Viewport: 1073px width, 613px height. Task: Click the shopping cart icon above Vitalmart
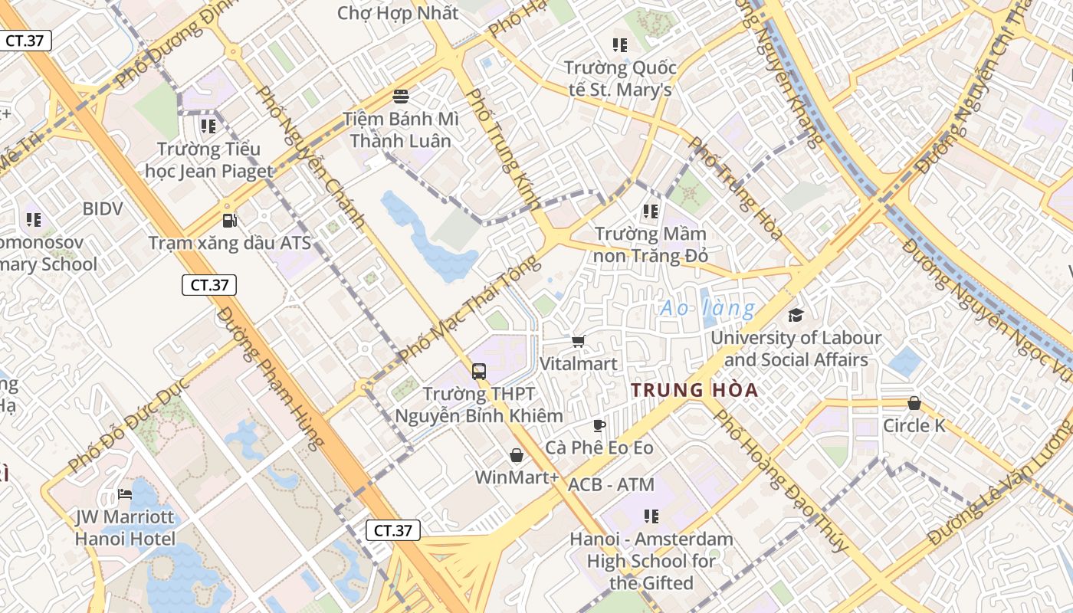click(578, 341)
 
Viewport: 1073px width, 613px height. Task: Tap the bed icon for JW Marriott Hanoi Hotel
click(125, 494)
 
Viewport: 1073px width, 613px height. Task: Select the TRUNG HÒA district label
click(694, 390)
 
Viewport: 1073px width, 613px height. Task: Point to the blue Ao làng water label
click(707, 309)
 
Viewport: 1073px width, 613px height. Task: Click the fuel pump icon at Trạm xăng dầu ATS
click(229, 221)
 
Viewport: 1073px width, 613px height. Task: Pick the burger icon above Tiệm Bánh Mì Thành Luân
click(400, 97)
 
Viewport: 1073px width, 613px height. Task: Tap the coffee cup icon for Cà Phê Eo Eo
click(599, 425)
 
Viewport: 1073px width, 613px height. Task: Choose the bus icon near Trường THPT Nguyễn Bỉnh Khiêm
click(479, 372)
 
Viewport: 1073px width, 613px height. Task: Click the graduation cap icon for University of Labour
click(796, 315)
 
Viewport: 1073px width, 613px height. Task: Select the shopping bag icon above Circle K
click(914, 403)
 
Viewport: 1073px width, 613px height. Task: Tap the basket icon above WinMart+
click(517, 456)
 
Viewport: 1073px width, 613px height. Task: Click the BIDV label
click(103, 208)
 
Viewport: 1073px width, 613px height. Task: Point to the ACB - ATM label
click(611, 484)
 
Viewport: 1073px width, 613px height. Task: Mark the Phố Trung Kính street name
click(503, 149)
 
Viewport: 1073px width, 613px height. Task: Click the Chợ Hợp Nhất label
click(398, 13)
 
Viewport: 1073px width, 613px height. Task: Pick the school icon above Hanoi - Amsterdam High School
click(651, 516)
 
